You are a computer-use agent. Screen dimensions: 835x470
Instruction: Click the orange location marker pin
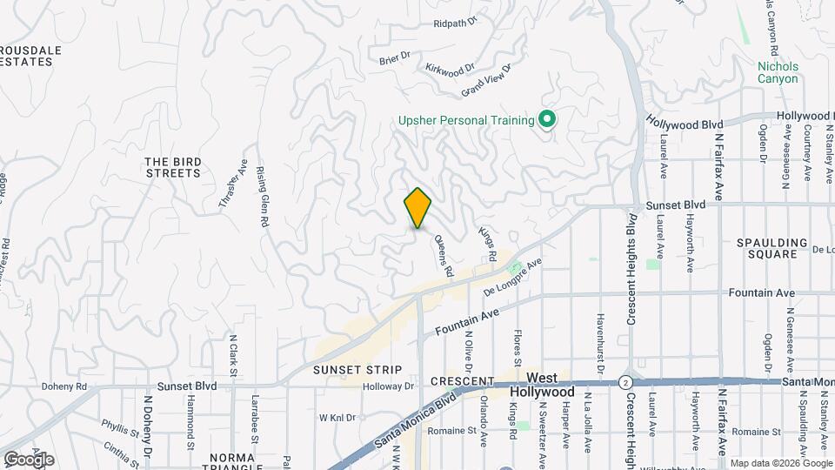coord(417,208)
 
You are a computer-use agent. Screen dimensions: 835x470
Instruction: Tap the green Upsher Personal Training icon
coord(547,119)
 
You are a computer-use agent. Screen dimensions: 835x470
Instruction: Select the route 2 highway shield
coord(625,382)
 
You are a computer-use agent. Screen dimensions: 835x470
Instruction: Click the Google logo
coord(29,459)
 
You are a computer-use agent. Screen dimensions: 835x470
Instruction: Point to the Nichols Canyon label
coord(778,72)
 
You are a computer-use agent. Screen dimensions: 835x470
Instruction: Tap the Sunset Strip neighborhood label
coord(357,370)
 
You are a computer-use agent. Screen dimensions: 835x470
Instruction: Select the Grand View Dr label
coord(487,79)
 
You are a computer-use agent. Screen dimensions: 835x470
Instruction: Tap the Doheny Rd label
coord(64,386)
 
